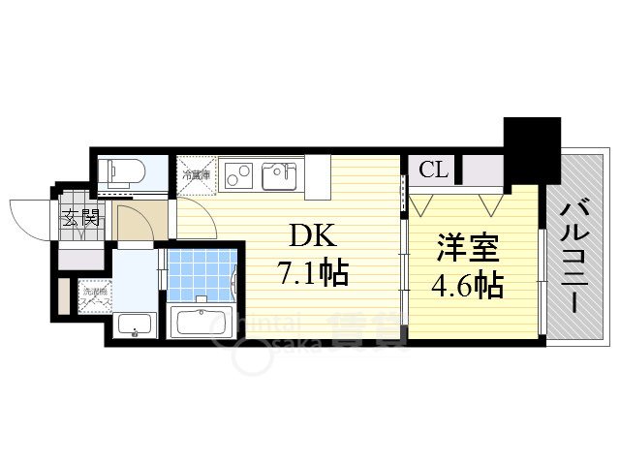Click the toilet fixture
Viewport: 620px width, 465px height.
[x=124, y=172]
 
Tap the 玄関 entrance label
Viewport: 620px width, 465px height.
[x=81, y=219]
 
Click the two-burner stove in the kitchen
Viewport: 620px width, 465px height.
[x=238, y=175]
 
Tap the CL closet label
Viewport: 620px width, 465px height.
[x=433, y=170]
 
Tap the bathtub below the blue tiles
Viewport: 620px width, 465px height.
[x=201, y=320]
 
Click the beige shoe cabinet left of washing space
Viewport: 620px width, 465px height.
[x=65, y=296]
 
